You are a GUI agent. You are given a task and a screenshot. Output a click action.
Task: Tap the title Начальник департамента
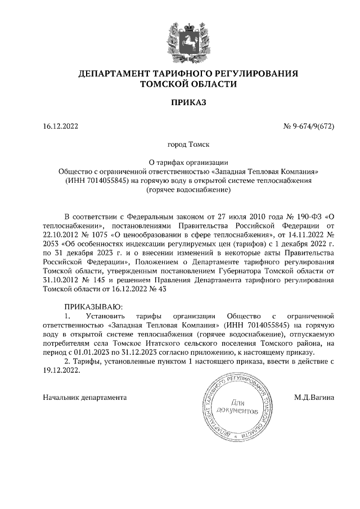point(85,397)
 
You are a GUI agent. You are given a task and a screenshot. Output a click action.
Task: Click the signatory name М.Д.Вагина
point(314,397)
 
